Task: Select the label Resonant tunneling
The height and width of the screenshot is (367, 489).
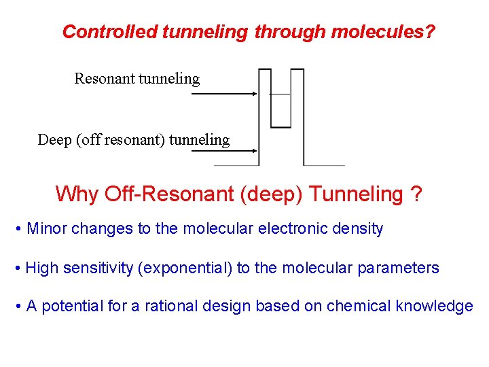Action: [137, 79]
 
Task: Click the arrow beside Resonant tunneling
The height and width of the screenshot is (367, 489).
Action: [224, 94]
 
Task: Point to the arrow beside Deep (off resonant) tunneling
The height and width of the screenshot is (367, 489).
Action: [224, 152]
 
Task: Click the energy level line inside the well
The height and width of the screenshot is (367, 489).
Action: [280, 93]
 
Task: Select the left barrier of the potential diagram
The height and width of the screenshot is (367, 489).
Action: [265, 116]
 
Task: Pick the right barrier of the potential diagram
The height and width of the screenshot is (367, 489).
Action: [297, 116]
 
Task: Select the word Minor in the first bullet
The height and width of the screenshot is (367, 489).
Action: [47, 229]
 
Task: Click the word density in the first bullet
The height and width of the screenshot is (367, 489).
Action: [358, 229]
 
